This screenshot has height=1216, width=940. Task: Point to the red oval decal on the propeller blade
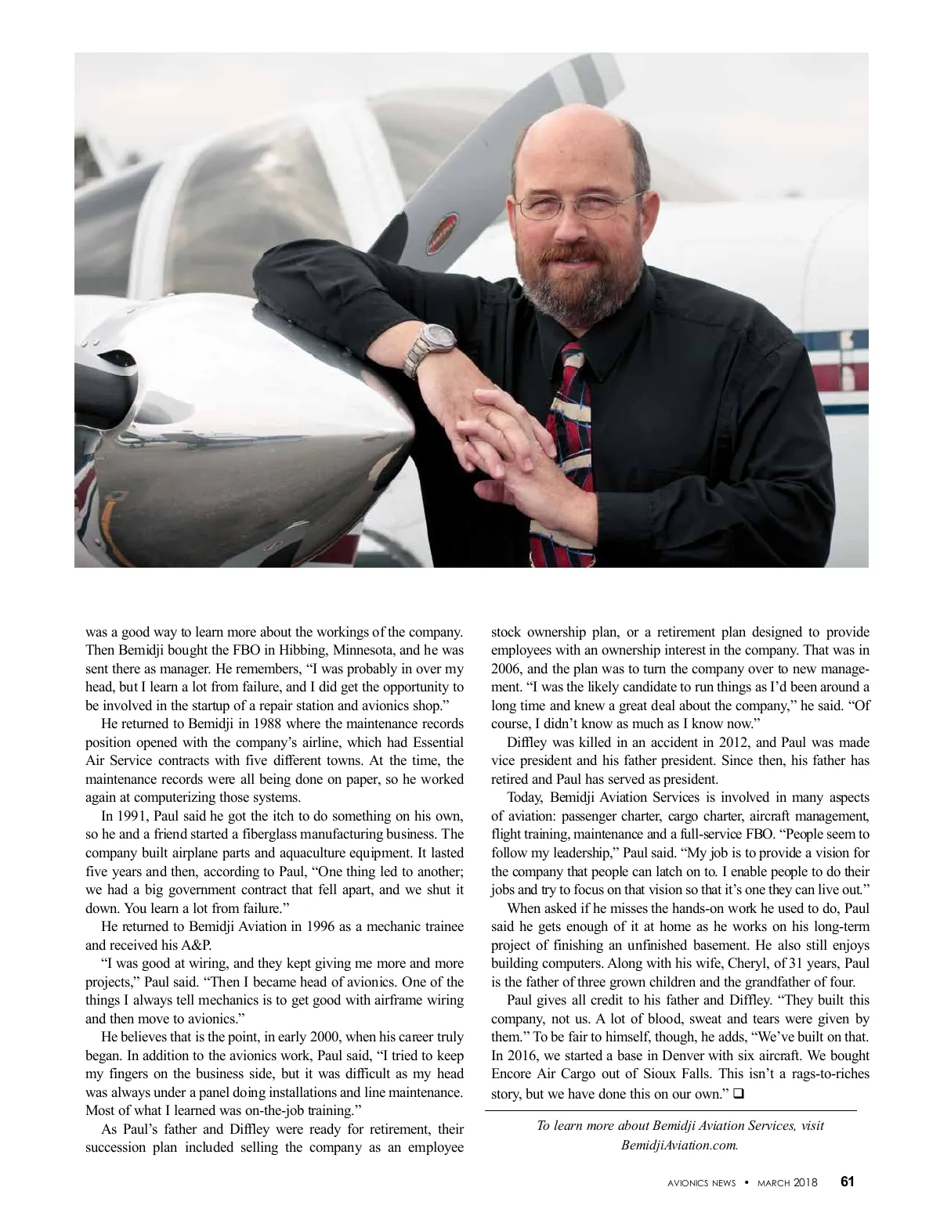[x=438, y=234]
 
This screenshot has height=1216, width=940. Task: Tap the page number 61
[x=848, y=1182]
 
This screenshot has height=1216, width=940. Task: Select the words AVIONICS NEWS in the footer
[x=696, y=1182]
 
